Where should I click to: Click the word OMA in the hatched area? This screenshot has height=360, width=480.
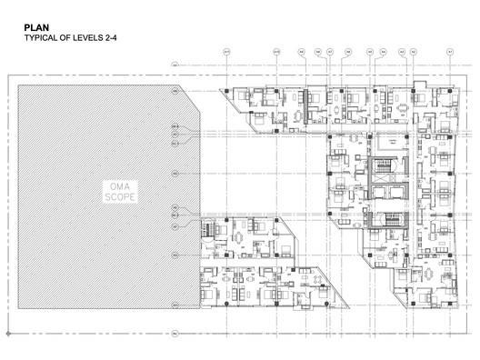tap(118, 186)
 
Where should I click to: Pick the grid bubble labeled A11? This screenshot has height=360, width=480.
tap(225, 53)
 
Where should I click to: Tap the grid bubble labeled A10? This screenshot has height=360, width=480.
tap(276, 53)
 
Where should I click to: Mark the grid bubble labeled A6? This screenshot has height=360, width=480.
tap(347, 53)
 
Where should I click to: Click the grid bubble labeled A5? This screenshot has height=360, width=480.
tap(369, 53)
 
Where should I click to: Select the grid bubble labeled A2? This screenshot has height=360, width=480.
tap(413, 53)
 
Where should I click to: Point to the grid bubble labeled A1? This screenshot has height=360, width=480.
tap(449, 53)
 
